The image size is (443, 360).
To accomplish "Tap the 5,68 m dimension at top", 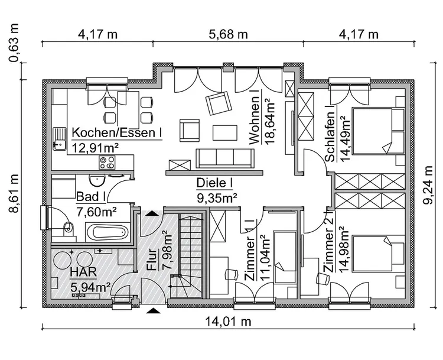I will coord(228,34).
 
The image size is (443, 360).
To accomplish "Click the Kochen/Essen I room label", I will coord(117,132).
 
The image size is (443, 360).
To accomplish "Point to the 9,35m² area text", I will coord(216,197).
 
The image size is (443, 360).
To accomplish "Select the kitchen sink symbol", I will coord(60,138).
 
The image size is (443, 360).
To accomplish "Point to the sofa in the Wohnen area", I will coord(225,158).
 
